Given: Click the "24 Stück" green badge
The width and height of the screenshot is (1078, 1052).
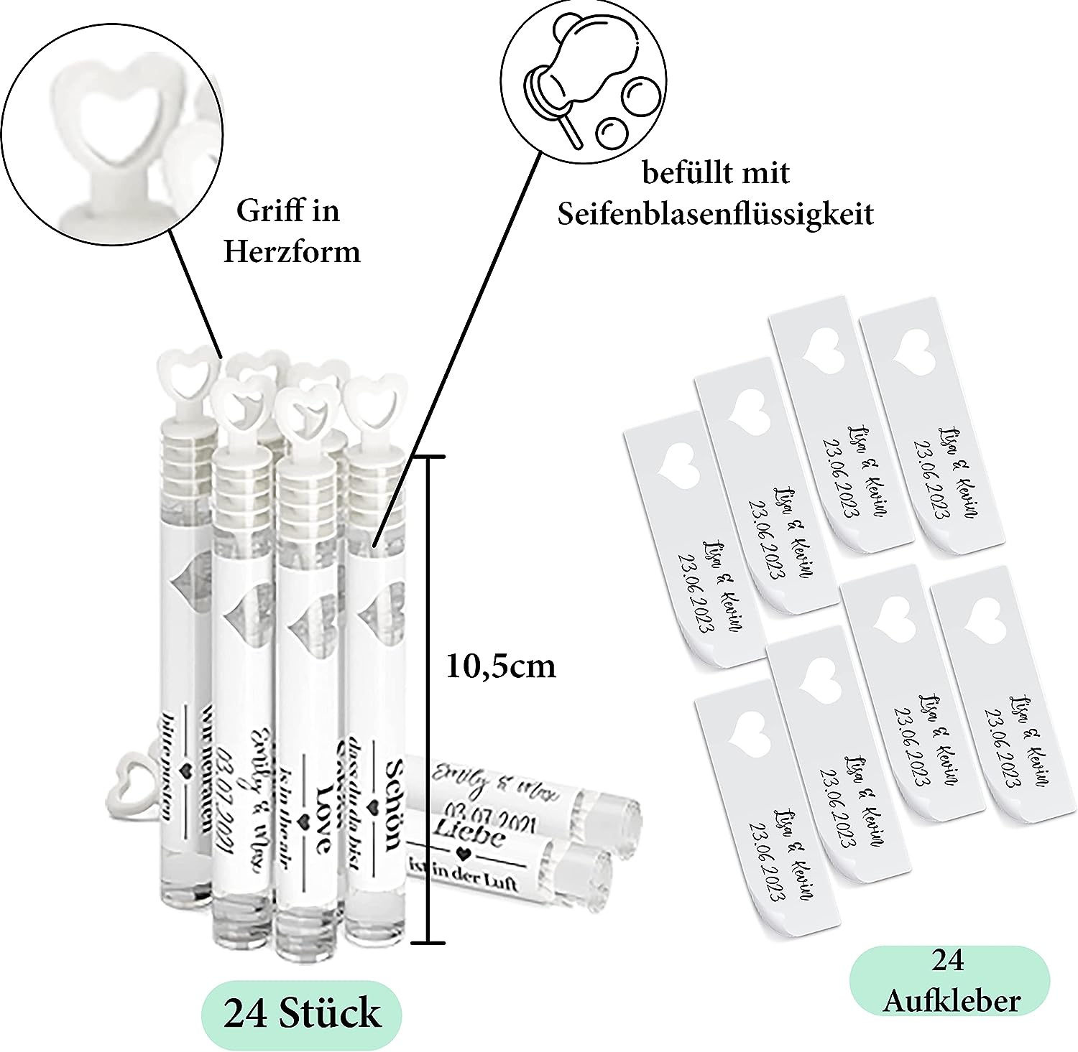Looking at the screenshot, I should [x=301, y=1012].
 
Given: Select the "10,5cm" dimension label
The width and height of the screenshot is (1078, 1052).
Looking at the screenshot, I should [x=501, y=667].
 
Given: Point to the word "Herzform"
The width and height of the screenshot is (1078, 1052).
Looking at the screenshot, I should [x=292, y=252].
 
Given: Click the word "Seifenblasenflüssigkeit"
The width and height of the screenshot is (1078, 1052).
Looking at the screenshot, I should [x=715, y=214].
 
